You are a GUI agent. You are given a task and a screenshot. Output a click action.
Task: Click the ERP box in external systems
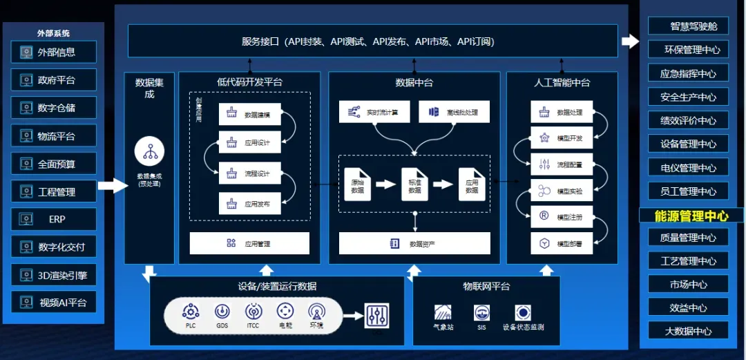pyautogui.click(x=54, y=219)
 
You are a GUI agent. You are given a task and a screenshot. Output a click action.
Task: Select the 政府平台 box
pyautogui.click(x=54, y=80)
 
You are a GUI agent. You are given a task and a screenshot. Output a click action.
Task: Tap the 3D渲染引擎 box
pyautogui.click(x=54, y=275)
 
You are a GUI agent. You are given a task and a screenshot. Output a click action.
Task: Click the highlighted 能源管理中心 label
pyautogui.click(x=691, y=216)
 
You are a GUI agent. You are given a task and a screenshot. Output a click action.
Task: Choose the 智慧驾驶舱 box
pyautogui.click(x=688, y=26)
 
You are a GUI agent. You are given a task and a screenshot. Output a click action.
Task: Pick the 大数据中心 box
pyautogui.click(x=688, y=331)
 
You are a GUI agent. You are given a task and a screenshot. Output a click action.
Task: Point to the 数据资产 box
pyautogui.click(x=414, y=243)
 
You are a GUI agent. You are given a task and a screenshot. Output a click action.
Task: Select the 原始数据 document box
pyautogui.click(x=357, y=184)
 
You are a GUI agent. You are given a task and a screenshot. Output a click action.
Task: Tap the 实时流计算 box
pyautogui.click(x=373, y=112)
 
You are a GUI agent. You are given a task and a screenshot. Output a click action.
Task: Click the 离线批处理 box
pyautogui.click(x=454, y=112)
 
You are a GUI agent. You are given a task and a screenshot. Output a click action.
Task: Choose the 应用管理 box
pyautogui.click(x=249, y=243)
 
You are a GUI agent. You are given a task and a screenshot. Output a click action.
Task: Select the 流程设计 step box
pyautogui.click(x=249, y=173)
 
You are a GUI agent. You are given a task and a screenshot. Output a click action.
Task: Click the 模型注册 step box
pyautogui.click(x=562, y=216)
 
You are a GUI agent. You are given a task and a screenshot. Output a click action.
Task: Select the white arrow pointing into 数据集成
pyautogui.click(x=111, y=185)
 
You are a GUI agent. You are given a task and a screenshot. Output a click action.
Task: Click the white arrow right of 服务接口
pyautogui.click(x=630, y=41)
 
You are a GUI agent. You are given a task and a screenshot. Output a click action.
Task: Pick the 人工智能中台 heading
pyautogui.click(x=562, y=82)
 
